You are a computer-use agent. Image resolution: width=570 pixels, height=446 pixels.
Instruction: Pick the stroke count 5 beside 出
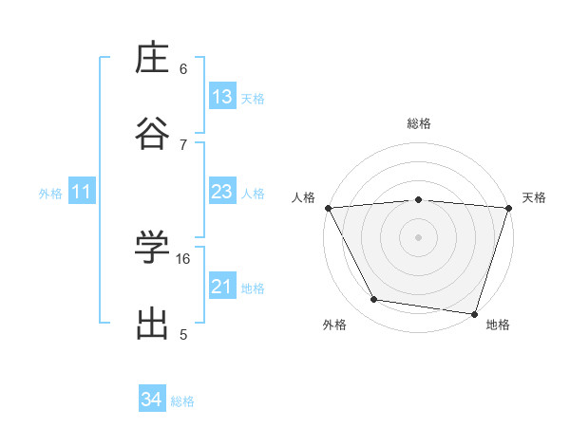coord(183,334)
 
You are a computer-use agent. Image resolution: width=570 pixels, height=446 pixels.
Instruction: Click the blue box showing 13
coord(222,97)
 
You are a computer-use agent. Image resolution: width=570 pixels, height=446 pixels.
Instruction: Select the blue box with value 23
coord(222,193)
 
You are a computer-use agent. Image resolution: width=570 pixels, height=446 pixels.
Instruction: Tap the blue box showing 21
coord(222,287)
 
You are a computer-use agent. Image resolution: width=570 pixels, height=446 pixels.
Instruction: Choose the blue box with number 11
coord(81,193)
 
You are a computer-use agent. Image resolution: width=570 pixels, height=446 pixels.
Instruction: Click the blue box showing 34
coord(151,400)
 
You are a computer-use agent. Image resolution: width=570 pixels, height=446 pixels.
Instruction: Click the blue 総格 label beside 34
coord(182,401)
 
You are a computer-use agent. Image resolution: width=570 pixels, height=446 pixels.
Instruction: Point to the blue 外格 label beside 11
coord(50,194)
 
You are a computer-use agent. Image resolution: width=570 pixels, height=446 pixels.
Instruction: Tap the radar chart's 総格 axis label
coord(419,123)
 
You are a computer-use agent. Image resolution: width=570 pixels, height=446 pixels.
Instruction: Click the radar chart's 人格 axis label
coord(303,197)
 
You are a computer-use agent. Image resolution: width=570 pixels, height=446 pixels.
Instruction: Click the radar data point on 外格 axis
coord(374,300)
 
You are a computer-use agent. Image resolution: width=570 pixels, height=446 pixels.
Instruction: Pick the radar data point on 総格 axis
coord(419,199)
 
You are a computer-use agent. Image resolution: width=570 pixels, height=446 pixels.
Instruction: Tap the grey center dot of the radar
coord(419,236)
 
